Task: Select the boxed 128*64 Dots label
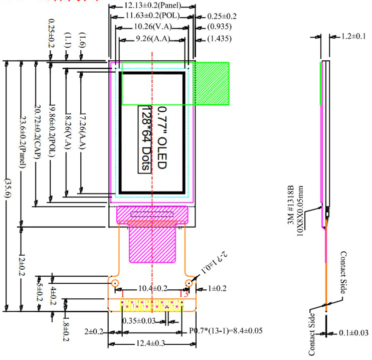point(144,138)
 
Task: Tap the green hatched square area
point(212,83)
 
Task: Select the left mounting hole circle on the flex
point(115,284)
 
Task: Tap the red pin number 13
point(183,295)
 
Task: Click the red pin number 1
point(122,295)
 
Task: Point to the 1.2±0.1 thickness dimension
point(353,37)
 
